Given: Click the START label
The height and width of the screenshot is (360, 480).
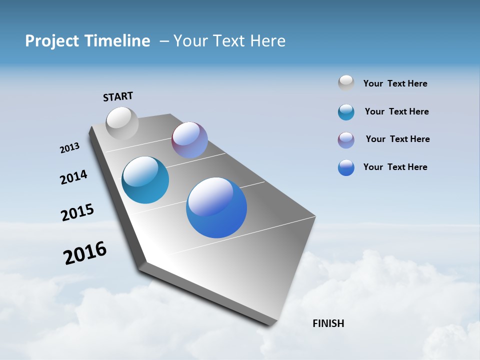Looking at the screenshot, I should (118, 96).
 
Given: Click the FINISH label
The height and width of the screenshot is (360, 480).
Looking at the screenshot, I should (328, 323).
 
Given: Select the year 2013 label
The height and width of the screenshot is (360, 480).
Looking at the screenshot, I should (69, 148).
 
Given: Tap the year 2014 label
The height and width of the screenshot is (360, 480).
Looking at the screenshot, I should (73, 177).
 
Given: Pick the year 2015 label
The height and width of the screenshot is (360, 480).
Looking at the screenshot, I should (77, 212).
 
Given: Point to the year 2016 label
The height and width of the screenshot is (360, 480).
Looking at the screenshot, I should (85, 253).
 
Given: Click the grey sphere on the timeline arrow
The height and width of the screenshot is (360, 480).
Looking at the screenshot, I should (122, 123).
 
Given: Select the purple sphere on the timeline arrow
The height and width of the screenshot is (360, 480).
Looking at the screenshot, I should (189, 140).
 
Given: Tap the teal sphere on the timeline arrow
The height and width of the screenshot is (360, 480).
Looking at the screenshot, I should (145, 180).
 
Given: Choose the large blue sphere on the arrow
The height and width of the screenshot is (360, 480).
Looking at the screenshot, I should (216, 207).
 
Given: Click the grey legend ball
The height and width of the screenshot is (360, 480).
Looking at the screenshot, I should (346, 83).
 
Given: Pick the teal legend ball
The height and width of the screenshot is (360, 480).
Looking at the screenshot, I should (346, 112).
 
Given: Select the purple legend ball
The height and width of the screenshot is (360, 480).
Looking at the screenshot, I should (346, 140).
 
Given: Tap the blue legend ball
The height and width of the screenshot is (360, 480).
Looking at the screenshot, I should (346, 167).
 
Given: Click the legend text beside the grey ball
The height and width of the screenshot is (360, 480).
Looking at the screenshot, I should (395, 83).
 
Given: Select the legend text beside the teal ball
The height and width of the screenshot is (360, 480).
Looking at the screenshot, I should (396, 111).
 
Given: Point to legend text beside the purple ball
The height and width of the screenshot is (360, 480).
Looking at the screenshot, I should (397, 139).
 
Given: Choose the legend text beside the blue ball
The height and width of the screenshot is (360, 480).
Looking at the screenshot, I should (395, 167).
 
